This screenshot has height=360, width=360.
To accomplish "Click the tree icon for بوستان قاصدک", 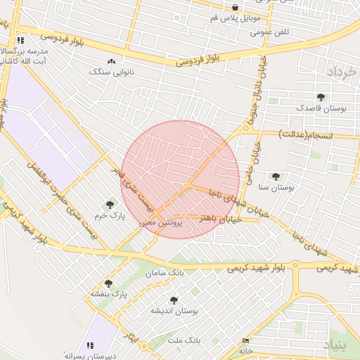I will click(321, 97).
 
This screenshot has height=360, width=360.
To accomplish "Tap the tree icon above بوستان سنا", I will click(275, 176).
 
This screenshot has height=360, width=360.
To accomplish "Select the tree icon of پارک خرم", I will click(109, 205).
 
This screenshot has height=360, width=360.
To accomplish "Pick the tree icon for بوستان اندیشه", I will click(174, 300).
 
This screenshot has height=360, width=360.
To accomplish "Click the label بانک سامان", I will click(165, 273).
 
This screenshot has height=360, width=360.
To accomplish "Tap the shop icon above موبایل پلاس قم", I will click(235, 8).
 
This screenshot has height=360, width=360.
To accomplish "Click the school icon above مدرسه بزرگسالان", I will click(20, 41).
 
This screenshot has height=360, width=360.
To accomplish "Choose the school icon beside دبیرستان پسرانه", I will click(90, 345).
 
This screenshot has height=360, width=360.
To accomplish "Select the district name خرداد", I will click(341, 72).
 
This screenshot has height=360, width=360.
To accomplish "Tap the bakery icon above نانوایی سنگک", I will click(111, 61).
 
